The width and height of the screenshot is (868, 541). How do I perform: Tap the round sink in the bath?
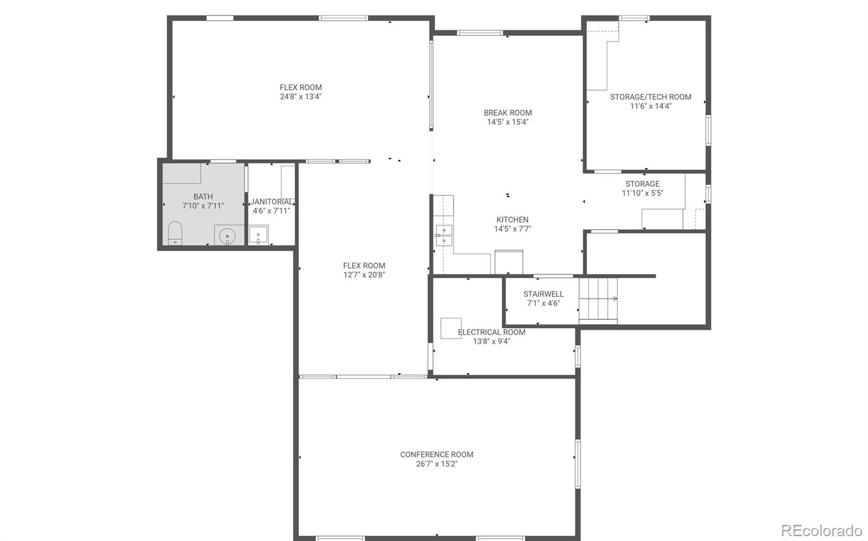pos(227,236)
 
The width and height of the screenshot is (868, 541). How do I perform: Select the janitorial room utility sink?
pos(259,234)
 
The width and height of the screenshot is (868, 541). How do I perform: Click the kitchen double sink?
pos(444,234)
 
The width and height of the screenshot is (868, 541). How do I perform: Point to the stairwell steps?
pos(598,299)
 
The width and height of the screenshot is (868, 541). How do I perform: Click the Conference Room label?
pos(437,454)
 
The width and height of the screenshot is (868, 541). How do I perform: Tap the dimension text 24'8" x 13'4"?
pos(301,97)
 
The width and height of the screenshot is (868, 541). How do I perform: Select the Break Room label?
pos(508,113)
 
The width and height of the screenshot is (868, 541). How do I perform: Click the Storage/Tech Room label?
pos(650,97)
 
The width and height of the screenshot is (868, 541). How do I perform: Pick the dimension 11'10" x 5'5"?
pos(642,193)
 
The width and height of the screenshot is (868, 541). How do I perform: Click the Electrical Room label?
pos(492,332)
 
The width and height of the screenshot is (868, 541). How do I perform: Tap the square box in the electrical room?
pos(451,328)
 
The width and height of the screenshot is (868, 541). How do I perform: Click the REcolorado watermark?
pos(821,530)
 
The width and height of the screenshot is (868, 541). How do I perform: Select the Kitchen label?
pos(512,220)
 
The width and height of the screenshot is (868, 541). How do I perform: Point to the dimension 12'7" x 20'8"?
pos(364,275)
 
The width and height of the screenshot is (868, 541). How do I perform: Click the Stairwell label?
pos(543,294)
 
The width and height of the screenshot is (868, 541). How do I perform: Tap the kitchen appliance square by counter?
pos(509,262)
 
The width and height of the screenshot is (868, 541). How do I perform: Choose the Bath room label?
pos(203,196)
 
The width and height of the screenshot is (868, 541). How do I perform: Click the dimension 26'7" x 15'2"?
pos(437,464)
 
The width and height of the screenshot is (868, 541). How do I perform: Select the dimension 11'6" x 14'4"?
pos(650,106)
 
